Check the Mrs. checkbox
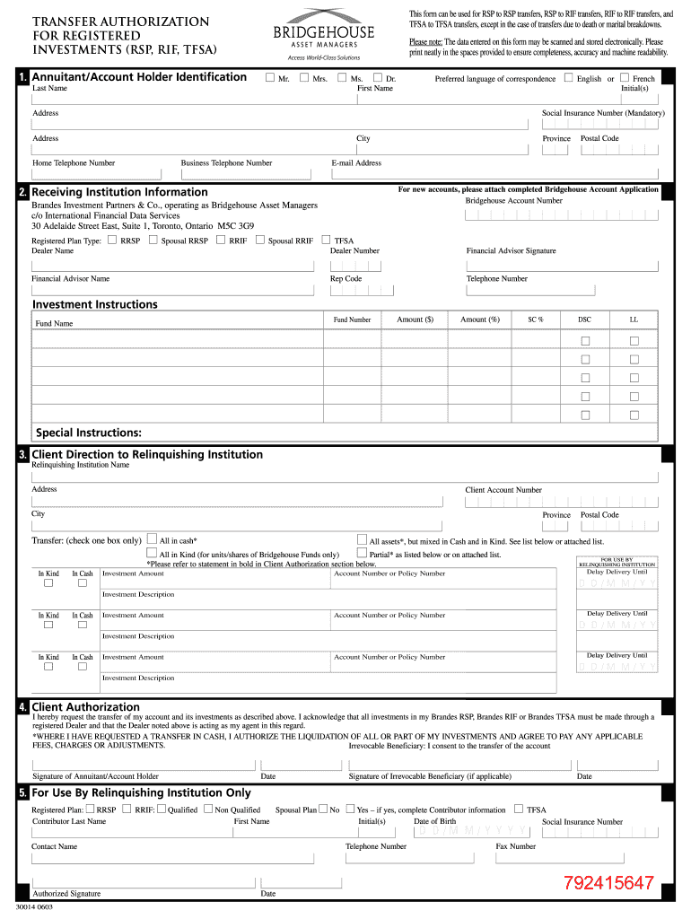(x=304, y=78)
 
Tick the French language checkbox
(x=625, y=78)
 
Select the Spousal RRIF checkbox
(x=260, y=240)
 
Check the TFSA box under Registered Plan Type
(x=327, y=240)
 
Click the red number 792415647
(x=608, y=883)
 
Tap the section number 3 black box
(x=22, y=455)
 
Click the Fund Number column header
(x=352, y=319)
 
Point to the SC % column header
(x=535, y=319)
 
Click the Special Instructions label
(x=88, y=433)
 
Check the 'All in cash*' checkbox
(x=152, y=540)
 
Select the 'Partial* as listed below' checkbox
(x=362, y=554)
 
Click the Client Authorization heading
(x=85, y=707)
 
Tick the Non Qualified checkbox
(x=208, y=809)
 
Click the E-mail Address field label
(x=356, y=163)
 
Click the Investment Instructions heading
(x=94, y=304)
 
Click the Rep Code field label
(x=345, y=279)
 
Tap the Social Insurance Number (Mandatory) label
(x=602, y=114)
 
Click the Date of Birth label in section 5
(x=434, y=821)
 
